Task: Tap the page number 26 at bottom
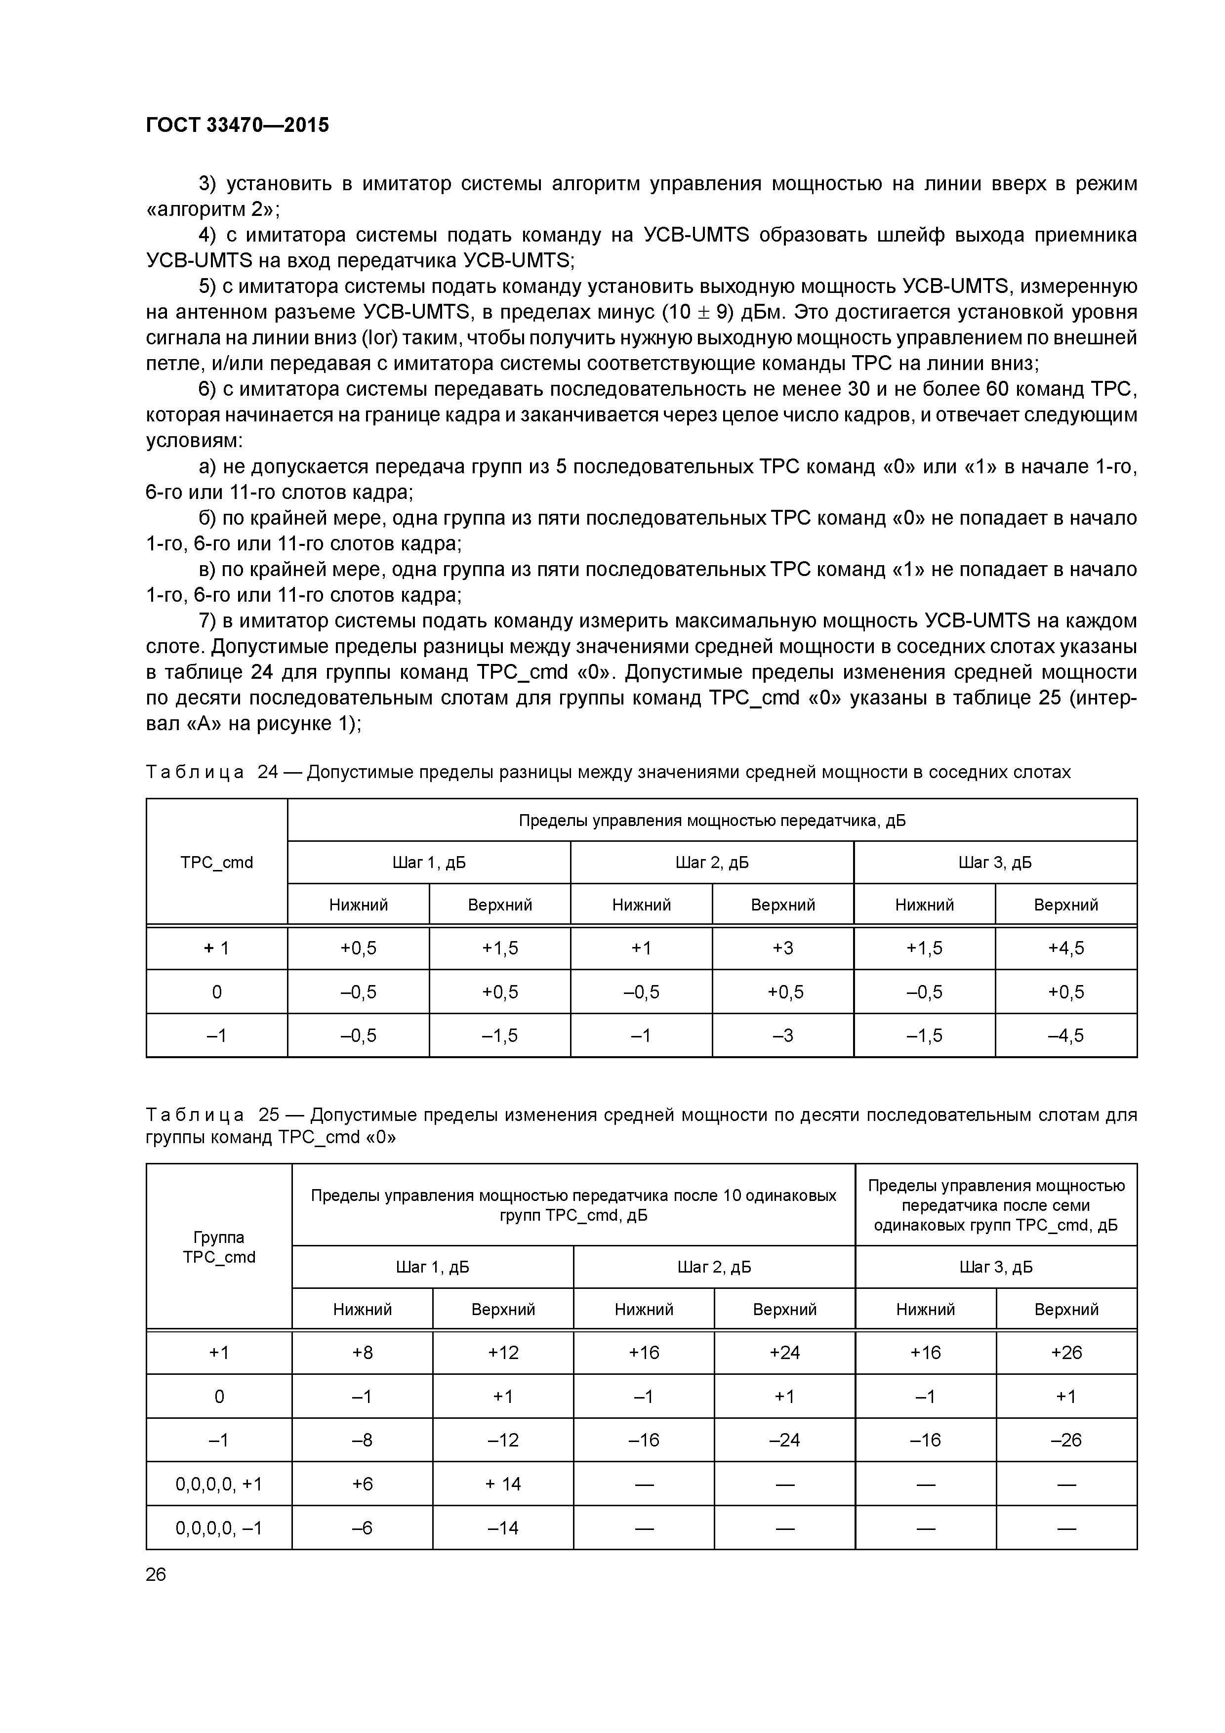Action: (156, 1574)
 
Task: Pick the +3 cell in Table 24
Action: (783, 948)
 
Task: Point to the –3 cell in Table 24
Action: (783, 1035)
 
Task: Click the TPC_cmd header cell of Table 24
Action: (217, 862)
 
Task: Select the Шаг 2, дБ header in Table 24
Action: (712, 862)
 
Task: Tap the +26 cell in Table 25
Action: (1066, 1352)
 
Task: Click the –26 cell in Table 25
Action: (1066, 1440)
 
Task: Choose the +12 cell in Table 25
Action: (503, 1352)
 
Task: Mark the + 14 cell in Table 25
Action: (503, 1483)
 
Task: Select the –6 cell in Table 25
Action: (362, 1527)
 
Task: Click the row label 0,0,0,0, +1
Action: (219, 1483)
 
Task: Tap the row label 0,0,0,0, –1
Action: (219, 1527)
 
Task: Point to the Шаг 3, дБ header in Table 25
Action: (995, 1267)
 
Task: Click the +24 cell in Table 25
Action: (784, 1352)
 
